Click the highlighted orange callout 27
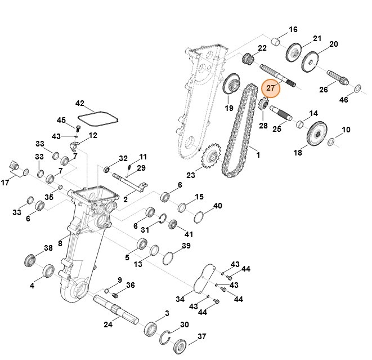tap(271, 88)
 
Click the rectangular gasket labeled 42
tap(98, 118)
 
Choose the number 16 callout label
tap(293, 30)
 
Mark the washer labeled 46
tap(357, 88)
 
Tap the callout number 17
tap(6, 183)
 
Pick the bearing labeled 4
tap(48, 272)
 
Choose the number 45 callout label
tap(62, 120)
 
